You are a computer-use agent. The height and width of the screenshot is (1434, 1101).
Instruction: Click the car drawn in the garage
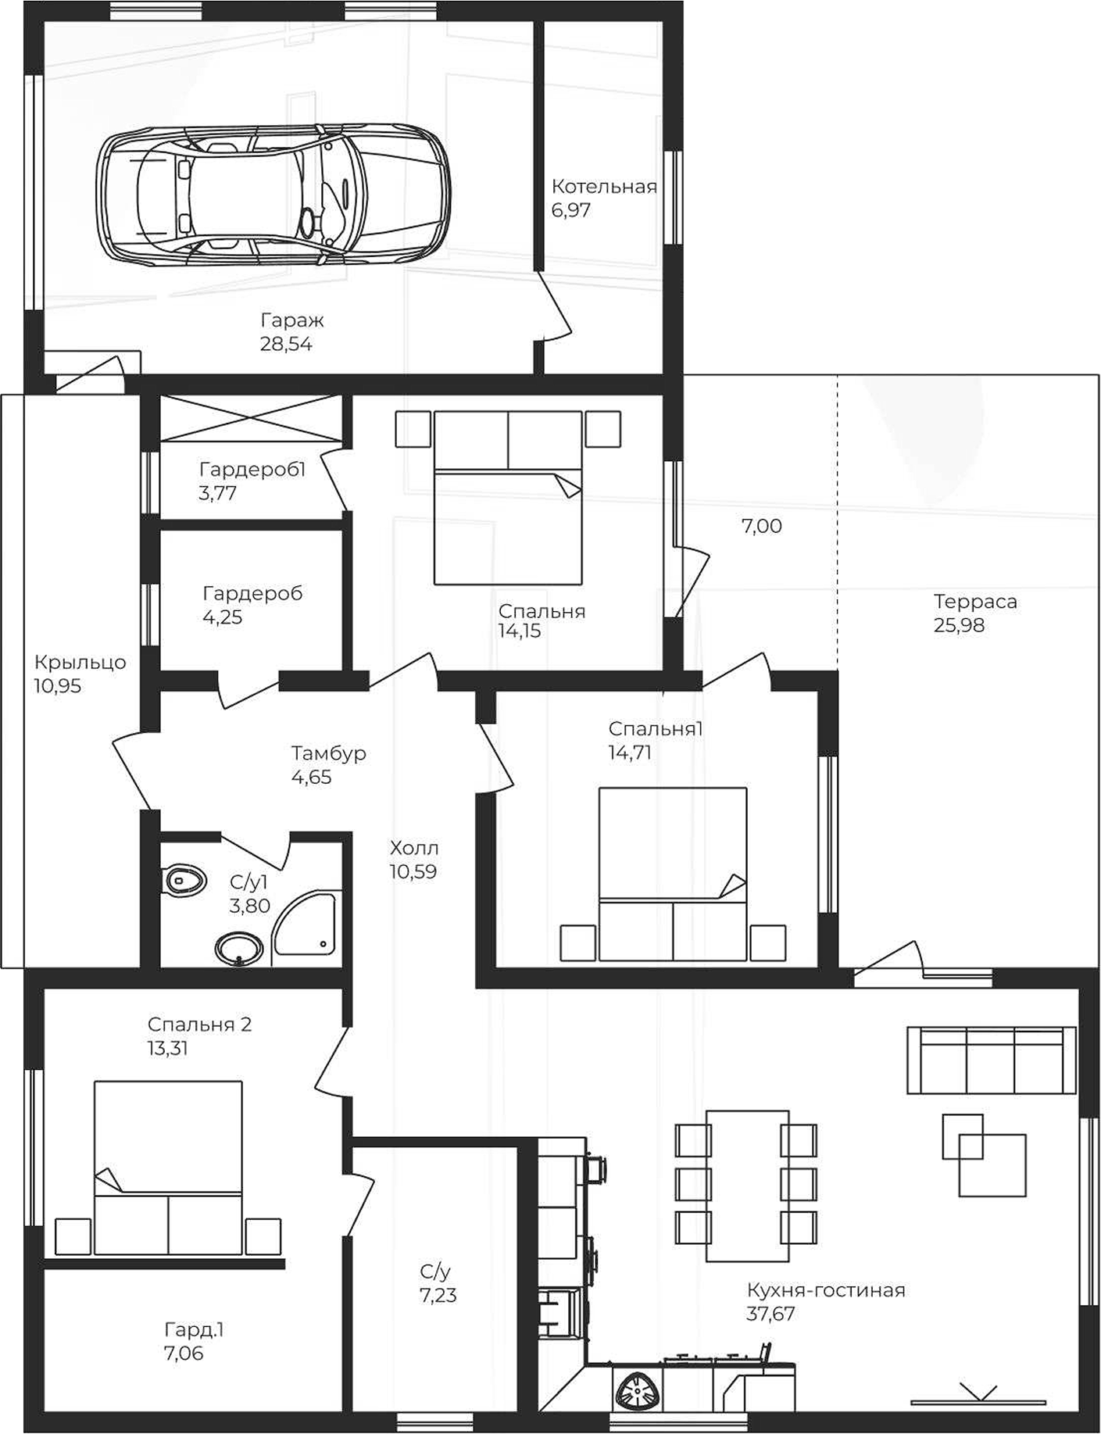[x=273, y=194]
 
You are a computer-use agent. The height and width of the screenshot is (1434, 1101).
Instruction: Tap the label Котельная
[x=603, y=187]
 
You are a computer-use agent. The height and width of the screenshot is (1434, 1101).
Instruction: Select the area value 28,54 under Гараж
[x=286, y=344]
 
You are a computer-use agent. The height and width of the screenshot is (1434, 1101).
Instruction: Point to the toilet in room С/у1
[x=184, y=880]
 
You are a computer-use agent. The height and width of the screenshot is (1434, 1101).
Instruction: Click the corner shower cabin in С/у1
[x=307, y=926]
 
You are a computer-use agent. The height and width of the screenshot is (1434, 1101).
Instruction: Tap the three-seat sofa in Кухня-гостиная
[x=991, y=1060]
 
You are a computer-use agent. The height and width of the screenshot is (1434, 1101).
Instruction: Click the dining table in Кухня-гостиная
[x=747, y=1185]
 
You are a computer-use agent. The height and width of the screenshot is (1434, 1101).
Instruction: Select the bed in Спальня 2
[x=167, y=1168]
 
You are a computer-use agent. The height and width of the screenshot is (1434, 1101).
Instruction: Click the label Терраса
[x=974, y=602]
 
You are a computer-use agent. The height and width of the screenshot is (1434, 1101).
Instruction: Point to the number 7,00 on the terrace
[x=761, y=526]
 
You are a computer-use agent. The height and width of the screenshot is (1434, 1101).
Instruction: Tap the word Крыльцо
[x=80, y=663]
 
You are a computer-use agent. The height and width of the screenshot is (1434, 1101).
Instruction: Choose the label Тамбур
[x=328, y=753]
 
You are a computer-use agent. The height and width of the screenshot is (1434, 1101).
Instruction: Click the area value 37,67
[x=770, y=1314]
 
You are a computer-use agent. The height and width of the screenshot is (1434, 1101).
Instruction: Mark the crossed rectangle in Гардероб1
[x=250, y=419]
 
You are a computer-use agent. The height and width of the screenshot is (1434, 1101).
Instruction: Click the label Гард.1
[x=194, y=1329]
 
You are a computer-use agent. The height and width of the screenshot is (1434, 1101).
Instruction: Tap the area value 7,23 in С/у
[x=438, y=1295]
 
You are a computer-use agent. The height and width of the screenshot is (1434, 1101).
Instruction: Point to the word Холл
[x=413, y=848]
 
